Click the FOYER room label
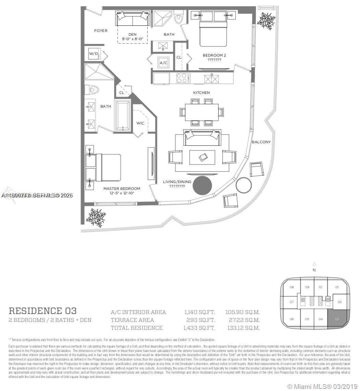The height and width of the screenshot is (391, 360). click(x=101, y=31)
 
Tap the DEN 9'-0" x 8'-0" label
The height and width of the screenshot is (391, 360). click(x=133, y=37)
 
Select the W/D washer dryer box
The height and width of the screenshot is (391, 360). click(x=93, y=54)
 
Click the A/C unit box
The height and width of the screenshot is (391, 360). click(x=163, y=63)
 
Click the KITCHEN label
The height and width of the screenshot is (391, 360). click(x=201, y=93)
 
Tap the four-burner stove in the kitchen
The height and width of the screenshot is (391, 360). click(x=183, y=78)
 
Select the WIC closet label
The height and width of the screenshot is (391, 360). click(x=140, y=123)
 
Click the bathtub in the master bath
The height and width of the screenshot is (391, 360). click(x=123, y=115)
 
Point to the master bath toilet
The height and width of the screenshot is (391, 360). click(x=91, y=90)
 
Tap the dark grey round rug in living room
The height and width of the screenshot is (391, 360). click(x=202, y=185)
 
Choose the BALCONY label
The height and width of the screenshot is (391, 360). click(x=261, y=142)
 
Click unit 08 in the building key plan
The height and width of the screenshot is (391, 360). click(x=291, y=287)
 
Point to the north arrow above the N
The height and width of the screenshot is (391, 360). click(x=314, y=264)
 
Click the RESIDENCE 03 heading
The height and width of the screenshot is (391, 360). click(x=42, y=311)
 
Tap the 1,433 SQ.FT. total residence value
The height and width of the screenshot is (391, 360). click(x=199, y=328)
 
